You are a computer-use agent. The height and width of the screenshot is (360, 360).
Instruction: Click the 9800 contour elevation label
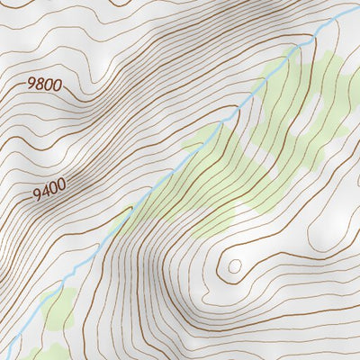[44, 85]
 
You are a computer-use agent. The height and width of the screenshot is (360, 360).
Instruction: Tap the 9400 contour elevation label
[50, 193]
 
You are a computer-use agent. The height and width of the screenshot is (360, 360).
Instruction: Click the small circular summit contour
[235, 265]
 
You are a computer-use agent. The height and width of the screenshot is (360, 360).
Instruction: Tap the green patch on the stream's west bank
[200, 139]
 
